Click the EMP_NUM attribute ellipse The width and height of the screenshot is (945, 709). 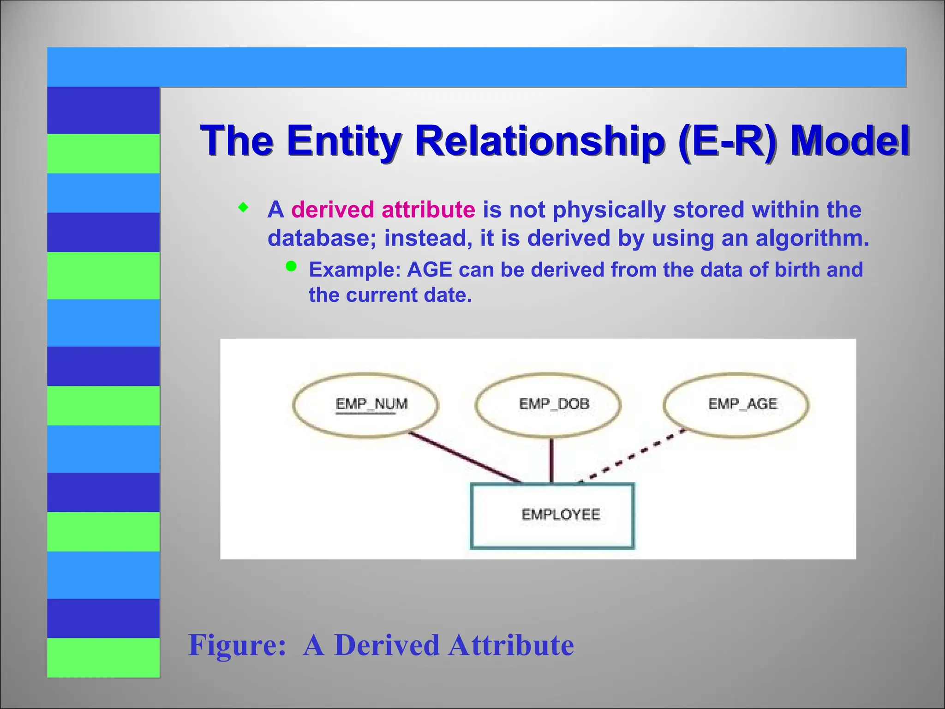pyautogui.click(x=365, y=405)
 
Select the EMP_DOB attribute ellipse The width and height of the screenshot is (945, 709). pyautogui.click(x=548, y=405)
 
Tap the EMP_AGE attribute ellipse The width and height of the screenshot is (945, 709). pyautogui.click(x=736, y=405)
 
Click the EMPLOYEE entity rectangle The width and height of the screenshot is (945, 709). pyautogui.click(x=552, y=516)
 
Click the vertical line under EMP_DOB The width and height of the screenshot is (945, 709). pyautogui.click(x=551, y=460)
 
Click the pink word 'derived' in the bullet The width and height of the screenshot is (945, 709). pyautogui.click(x=332, y=210)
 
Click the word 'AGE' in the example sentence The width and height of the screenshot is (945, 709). pyautogui.click(x=429, y=270)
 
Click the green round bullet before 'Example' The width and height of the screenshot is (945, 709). pyautogui.click(x=291, y=266)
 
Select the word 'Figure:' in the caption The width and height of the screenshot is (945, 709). pyautogui.click(x=237, y=644)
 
